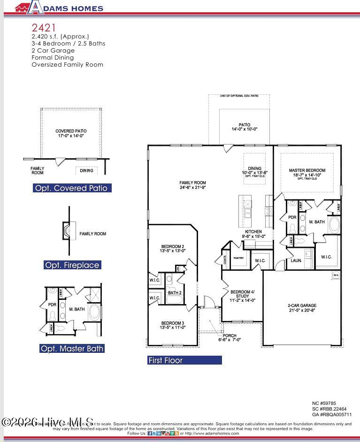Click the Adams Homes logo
(x=59, y=8)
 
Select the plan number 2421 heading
(x=44, y=28)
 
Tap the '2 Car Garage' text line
(x=53, y=50)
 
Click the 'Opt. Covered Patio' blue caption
(x=72, y=188)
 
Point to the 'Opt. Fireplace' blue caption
(x=72, y=265)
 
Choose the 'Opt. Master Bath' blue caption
(x=72, y=349)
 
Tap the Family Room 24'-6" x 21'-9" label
(x=192, y=185)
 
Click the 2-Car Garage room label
(x=302, y=308)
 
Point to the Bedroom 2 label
(x=173, y=249)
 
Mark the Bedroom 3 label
(x=173, y=325)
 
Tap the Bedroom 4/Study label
(x=242, y=296)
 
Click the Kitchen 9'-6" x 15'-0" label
(x=253, y=234)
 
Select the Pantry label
(x=239, y=258)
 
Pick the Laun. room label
(x=296, y=260)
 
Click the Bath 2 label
(x=175, y=293)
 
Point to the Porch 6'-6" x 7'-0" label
(x=230, y=337)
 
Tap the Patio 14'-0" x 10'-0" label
(x=245, y=127)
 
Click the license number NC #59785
(x=324, y=403)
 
